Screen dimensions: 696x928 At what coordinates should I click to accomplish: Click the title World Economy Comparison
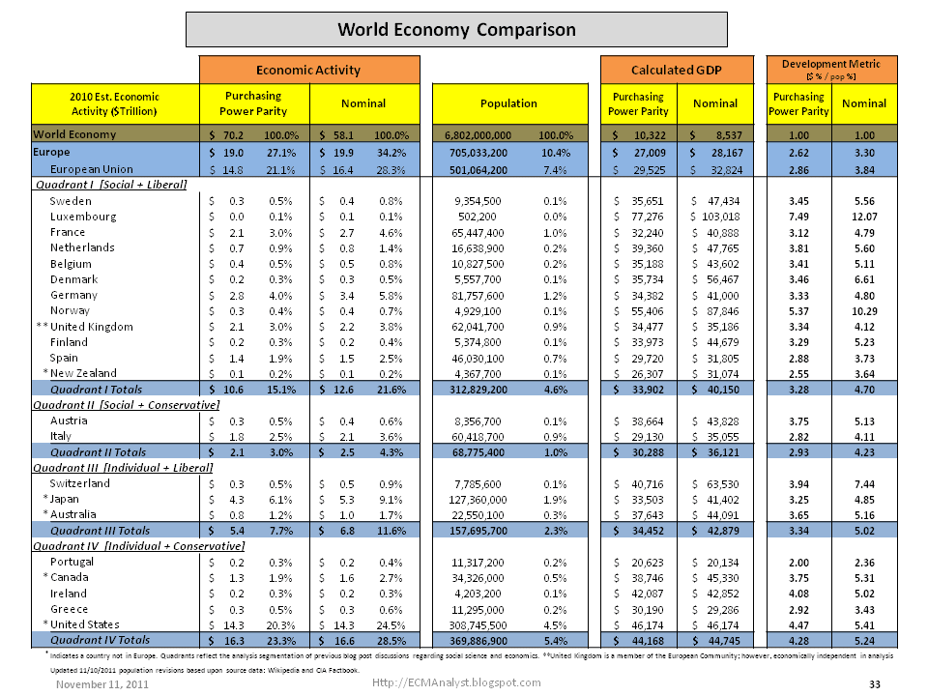tap(456, 29)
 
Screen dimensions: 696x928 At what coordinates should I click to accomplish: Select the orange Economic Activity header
tap(308, 70)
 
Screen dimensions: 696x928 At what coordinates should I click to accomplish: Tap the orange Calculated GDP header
tap(676, 70)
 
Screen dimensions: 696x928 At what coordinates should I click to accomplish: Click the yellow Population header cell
tap(508, 103)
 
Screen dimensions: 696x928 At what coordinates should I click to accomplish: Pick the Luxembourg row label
tap(83, 217)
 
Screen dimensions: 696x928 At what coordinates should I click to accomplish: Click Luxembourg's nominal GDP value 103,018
tap(718, 217)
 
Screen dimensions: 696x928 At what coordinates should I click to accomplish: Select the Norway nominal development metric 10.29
tap(864, 310)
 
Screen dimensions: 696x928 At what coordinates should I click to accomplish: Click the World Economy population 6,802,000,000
tap(486, 135)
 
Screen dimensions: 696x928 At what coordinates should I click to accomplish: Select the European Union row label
tap(95, 169)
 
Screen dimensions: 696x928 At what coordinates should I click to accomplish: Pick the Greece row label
tap(69, 609)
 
